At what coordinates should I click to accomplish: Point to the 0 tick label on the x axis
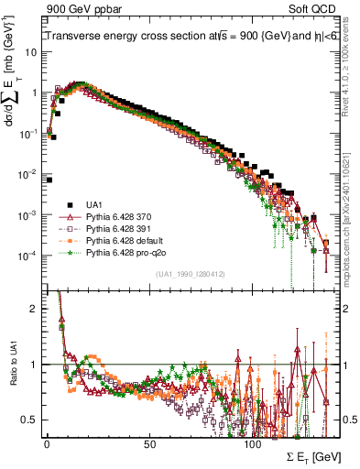point(47,442)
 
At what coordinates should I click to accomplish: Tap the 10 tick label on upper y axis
point(31,52)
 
